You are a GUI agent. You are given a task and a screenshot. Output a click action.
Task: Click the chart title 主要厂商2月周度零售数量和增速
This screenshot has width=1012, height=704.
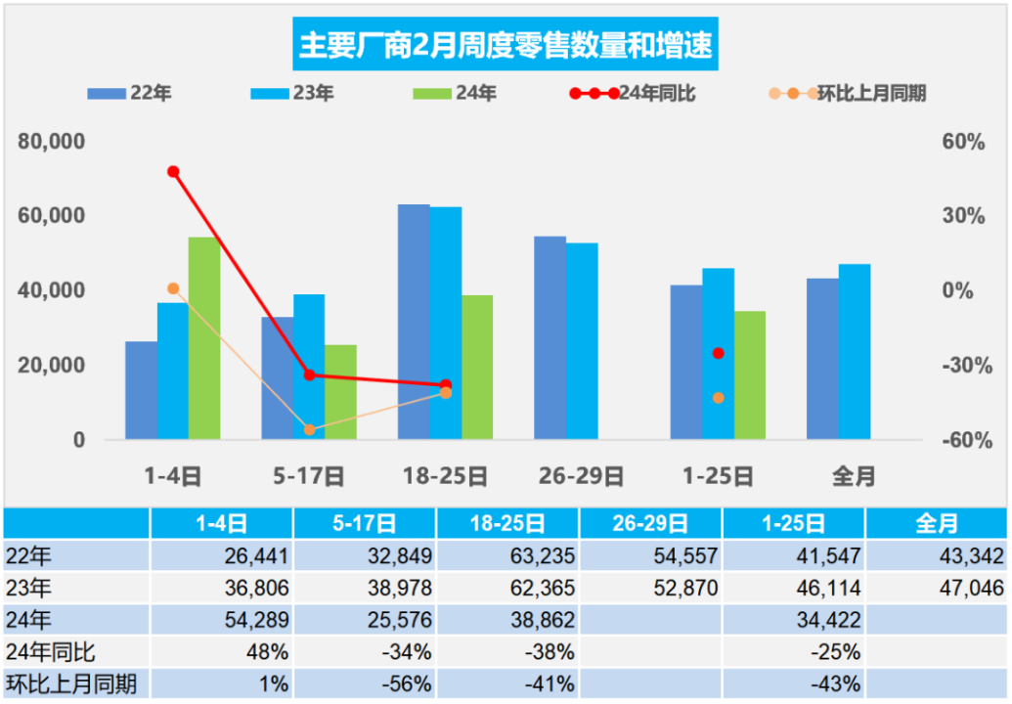[x=506, y=45]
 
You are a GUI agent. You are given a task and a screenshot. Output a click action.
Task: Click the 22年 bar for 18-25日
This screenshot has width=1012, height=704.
[x=415, y=322]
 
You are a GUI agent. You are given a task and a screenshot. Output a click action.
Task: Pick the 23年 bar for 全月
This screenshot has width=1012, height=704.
[x=854, y=351]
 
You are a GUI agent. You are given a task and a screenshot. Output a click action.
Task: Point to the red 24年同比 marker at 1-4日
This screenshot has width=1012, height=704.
[x=173, y=172]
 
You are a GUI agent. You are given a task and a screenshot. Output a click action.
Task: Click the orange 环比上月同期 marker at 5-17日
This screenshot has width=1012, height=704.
[x=309, y=429]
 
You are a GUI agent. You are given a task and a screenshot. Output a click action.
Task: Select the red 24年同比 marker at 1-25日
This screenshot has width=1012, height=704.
[x=719, y=353]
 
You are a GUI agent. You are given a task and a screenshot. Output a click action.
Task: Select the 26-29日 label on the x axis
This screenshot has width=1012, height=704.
[x=581, y=477]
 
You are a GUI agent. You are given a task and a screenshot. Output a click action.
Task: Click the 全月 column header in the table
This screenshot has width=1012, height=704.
[x=936, y=524]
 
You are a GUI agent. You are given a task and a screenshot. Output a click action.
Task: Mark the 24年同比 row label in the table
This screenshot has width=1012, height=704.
[x=51, y=651]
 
